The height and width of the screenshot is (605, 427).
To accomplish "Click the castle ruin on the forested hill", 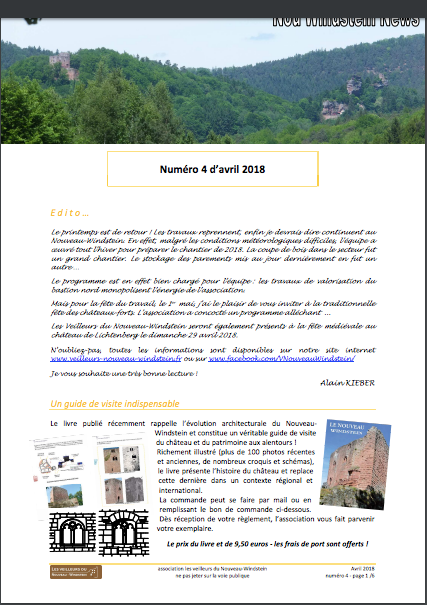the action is click(61, 67).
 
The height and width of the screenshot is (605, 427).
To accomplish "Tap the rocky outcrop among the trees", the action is click(355, 85).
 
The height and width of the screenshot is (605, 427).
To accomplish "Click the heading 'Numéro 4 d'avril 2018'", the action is click(212, 172).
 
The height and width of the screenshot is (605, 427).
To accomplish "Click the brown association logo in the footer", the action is click(75, 571).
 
